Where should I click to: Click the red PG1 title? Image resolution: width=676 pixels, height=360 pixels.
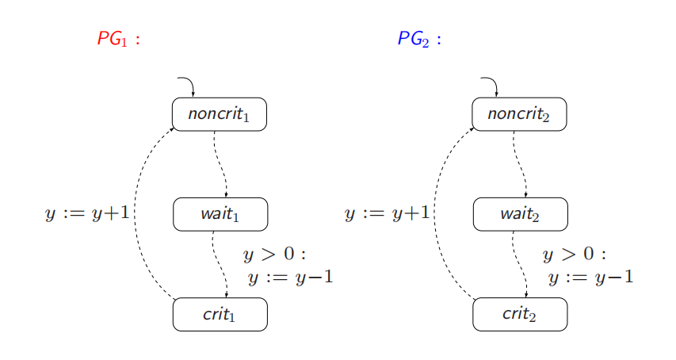[x=118, y=39]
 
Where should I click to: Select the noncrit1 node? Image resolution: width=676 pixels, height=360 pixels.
[x=220, y=114]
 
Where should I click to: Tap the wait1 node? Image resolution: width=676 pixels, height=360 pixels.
[x=220, y=214]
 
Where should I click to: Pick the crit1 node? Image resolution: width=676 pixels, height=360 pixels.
[x=220, y=315]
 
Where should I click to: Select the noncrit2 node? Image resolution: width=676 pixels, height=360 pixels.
[x=519, y=114]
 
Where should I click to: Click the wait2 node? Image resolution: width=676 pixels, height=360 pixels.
[x=520, y=214]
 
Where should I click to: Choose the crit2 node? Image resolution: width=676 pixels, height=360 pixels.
[x=520, y=315]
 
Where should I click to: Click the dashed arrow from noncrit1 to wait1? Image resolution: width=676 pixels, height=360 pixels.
[x=220, y=164]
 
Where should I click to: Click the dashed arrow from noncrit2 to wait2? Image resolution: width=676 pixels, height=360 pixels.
[x=520, y=164]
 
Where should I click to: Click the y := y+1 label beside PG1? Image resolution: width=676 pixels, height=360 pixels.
[x=87, y=213]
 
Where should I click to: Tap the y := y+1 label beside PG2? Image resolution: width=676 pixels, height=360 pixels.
[x=388, y=213]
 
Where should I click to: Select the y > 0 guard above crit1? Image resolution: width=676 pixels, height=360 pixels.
[x=273, y=255]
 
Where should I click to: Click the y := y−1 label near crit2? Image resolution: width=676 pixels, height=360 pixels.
[x=590, y=278]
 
